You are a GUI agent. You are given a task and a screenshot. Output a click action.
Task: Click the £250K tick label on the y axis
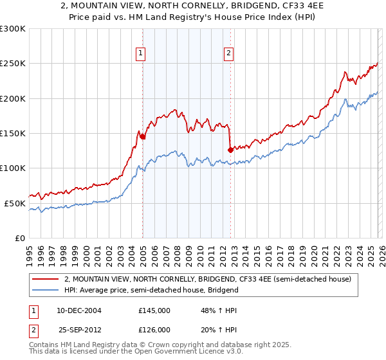click(x=13, y=64)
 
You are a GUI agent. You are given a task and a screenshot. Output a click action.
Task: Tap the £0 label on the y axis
click(x=20, y=238)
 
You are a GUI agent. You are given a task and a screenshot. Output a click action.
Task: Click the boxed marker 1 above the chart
click(x=140, y=54)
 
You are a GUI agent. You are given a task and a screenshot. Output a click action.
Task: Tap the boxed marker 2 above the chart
click(x=228, y=54)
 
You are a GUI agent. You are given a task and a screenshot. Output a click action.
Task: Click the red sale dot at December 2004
click(x=142, y=136)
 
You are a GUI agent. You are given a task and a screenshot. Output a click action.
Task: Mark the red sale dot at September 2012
click(x=230, y=150)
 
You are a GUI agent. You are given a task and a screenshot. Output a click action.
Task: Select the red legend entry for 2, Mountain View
click(x=207, y=279)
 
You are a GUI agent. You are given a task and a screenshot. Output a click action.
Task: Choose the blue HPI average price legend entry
click(x=151, y=290)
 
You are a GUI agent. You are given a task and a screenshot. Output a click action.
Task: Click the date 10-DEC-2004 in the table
click(x=78, y=310)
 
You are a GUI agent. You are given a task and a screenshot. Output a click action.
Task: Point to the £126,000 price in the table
click(x=154, y=329)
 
